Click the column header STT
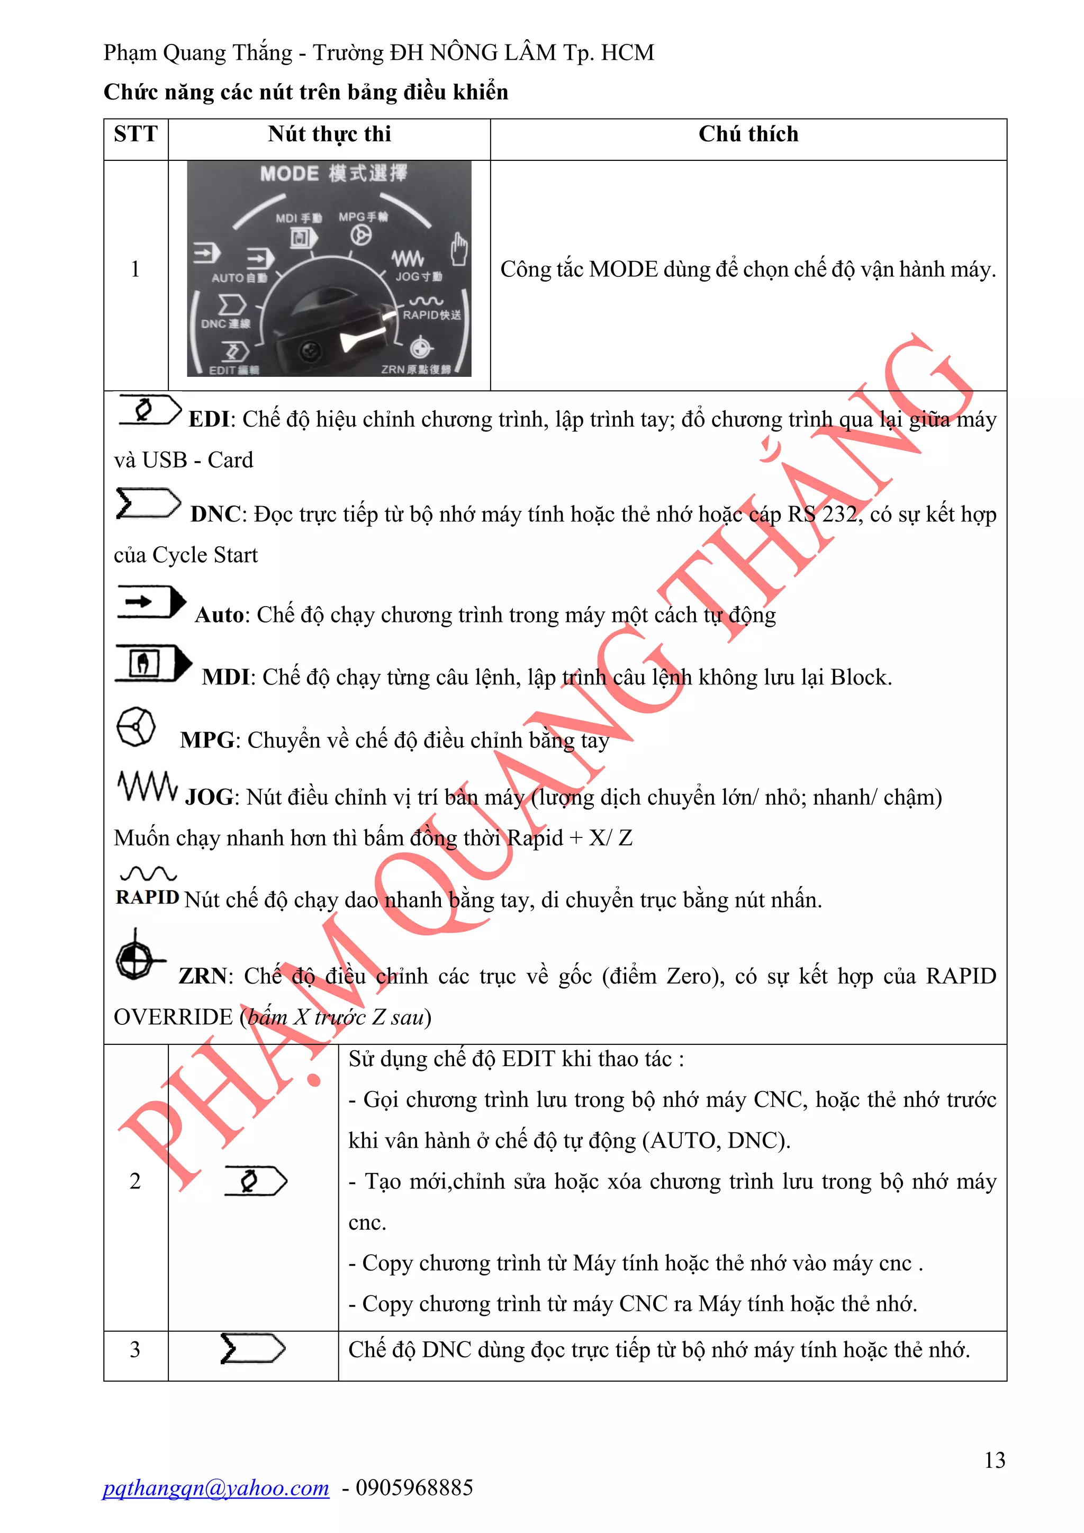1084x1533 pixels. [x=135, y=134]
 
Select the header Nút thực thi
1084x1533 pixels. [x=329, y=134]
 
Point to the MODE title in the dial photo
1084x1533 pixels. [x=289, y=174]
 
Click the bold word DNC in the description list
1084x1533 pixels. [x=215, y=514]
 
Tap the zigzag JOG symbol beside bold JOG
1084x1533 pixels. [x=148, y=787]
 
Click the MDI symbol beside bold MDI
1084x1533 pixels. [x=153, y=663]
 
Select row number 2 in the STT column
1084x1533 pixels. [x=135, y=1180]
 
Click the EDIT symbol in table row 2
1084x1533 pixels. [x=255, y=1180]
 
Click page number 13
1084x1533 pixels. [x=994, y=1460]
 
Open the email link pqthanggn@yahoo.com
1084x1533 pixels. [x=215, y=1487]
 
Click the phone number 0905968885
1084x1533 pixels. [x=414, y=1487]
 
